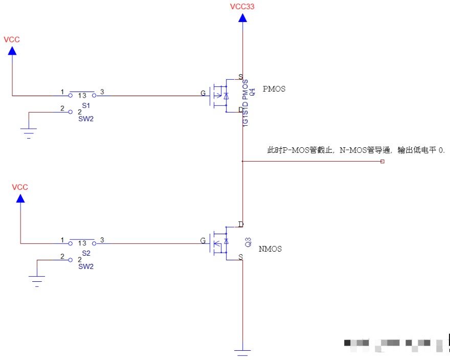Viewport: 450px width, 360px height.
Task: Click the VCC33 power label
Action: click(242, 7)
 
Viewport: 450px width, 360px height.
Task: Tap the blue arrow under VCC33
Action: click(242, 18)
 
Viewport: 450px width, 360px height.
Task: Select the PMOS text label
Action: click(274, 89)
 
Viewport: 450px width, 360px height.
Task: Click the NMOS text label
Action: click(270, 249)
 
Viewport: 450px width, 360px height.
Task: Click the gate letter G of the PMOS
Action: click(203, 94)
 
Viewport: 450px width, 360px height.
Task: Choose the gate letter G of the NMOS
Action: click(203, 240)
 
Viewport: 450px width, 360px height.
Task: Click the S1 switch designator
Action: click(85, 105)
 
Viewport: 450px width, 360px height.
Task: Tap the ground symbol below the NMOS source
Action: click(242, 352)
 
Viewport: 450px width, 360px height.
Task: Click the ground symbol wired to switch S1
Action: click(29, 133)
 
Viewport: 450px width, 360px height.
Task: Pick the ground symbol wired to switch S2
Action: click(37, 281)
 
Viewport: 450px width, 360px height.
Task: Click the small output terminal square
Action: click(382, 162)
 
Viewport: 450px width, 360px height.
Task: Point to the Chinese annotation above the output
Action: click(356, 150)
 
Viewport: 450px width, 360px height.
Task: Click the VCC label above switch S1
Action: click(12, 39)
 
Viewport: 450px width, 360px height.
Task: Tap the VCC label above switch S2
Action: click(20, 187)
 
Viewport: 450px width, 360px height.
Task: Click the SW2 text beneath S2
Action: click(85, 266)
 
